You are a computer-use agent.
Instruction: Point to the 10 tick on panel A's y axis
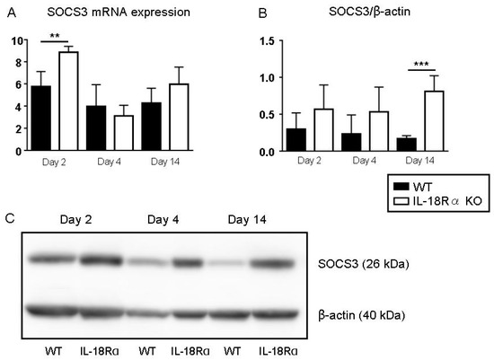click(x=17, y=40)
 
